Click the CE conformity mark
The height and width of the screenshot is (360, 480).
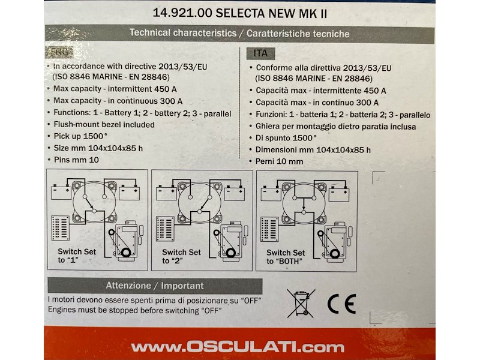tap(341, 304)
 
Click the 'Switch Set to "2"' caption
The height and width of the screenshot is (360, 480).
tap(182, 256)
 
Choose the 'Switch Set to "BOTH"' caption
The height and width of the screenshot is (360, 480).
tap(286, 257)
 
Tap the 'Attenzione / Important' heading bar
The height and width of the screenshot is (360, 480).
tap(155, 286)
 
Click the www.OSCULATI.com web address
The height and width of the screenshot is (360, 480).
tap(238, 347)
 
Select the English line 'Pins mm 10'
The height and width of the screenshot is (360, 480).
tap(76, 161)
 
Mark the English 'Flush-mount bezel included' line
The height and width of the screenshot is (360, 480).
tap(104, 125)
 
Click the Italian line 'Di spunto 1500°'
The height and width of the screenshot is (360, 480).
tap(286, 138)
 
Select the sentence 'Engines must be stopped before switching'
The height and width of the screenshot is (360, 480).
tap(134, 310)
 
